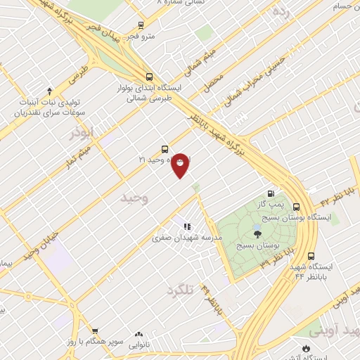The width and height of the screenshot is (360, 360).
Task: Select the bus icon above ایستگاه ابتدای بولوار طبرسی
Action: pos(149,77)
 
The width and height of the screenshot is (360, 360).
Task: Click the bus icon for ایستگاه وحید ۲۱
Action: pos(165,149)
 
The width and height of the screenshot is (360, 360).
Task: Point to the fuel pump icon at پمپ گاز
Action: pos(271,194)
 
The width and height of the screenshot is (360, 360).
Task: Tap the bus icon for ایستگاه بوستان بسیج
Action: pos(296,207)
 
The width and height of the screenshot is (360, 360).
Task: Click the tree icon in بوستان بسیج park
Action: pos(257,235)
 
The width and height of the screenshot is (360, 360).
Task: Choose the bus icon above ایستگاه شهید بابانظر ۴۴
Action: pos(311,257)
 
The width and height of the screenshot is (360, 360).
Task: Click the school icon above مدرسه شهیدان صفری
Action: pos(187,227)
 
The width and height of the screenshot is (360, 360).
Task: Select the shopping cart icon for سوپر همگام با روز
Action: pos(95,330)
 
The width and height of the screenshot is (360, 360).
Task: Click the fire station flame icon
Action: pos(305,347)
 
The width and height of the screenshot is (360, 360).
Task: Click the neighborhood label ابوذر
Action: pos(81,131)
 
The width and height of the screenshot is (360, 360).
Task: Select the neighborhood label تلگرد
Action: pos(180,289)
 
